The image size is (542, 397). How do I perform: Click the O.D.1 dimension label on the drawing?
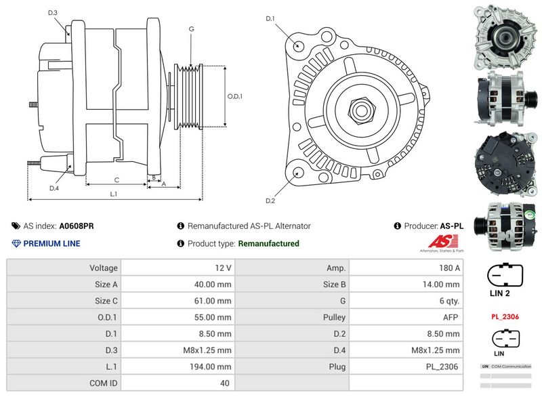click(x=234, y=96)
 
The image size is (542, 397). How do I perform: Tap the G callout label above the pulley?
click(x=192, y=29)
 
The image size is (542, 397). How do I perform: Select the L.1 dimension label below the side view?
click(x=114, y=194)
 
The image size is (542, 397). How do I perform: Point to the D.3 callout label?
click(x=53, y=13)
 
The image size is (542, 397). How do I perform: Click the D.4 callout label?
click(x=54, y=188)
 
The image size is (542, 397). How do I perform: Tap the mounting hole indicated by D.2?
click(x=299, y=173)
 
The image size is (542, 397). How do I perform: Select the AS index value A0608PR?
click(x=77, y=226)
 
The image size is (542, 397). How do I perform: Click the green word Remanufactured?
click(x=268, y=244)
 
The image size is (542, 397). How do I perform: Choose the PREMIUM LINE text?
click(x=51, y=244)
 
